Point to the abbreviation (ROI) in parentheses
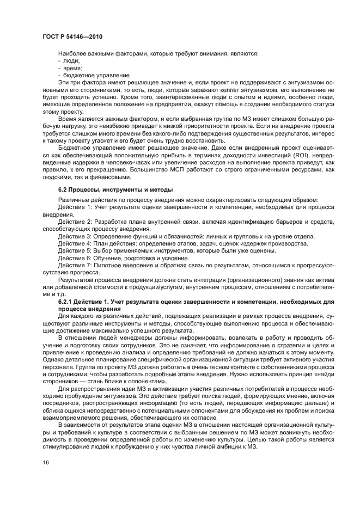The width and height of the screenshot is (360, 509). (x=298, y=155)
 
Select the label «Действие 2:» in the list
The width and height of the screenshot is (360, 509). (x=75, y=222)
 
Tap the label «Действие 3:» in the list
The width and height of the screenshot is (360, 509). (x=75, y=236)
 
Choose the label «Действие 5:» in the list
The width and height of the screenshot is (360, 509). (x=75, y=250)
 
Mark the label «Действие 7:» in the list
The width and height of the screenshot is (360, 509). (x=75, y=265)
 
